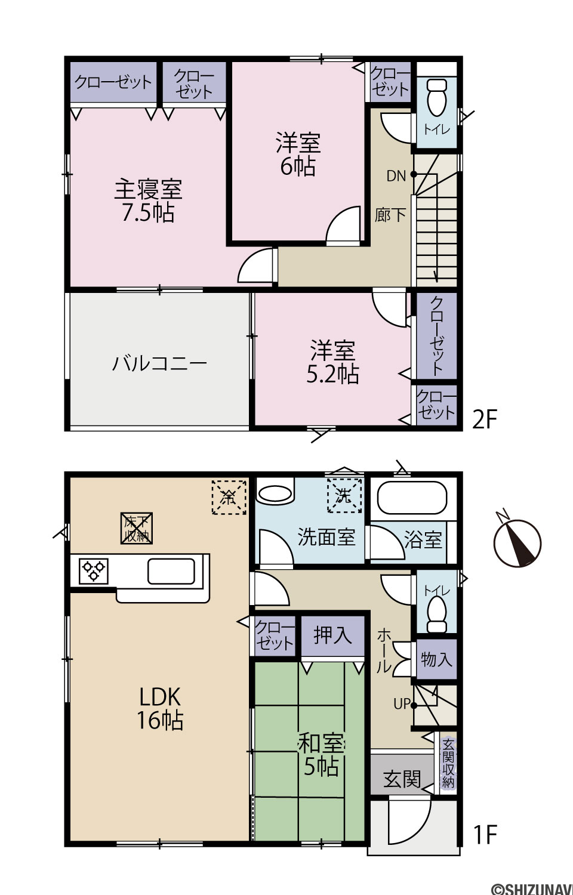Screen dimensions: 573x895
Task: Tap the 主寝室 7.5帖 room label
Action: pos(148,201)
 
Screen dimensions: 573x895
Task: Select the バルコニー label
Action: pos(159,364)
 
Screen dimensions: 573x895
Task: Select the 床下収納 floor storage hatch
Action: pos(137,529)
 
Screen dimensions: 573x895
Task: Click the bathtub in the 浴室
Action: pos(412,498)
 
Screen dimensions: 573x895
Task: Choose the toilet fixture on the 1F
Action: pos(436,615)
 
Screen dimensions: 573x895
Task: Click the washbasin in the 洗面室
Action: pos(275,495)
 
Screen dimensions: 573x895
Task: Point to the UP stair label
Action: pos(402,703)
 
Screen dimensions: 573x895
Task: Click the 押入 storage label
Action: pos(332,634)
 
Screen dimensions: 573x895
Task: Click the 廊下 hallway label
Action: pos(390,215)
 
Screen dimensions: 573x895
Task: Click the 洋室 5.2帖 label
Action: pos(332,362)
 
